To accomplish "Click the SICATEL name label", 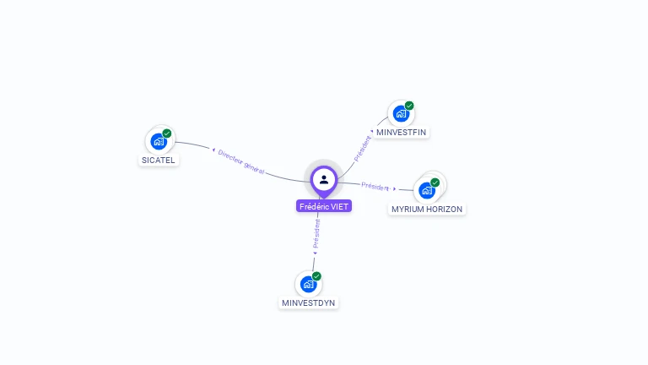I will coord(159,160).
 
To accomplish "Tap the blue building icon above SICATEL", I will coord(158,142).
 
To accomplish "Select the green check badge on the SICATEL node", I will coord(167,133).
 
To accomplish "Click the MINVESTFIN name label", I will coord(402,133).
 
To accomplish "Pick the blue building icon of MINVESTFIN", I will coord(401,114).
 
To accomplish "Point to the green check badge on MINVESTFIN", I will coord(409,106).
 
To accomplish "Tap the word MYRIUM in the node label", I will coord(408,209).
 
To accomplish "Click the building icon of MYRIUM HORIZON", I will coord(426,191).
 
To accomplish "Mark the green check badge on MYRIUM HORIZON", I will coord(435,182).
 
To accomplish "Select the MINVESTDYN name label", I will coord(308,302).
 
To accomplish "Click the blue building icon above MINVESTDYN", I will coord(308,285).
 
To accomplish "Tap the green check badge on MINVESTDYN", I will coord(316,276).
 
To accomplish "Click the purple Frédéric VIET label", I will coord(324,206).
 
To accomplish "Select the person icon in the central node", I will coord(324,179).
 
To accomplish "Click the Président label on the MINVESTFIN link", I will coord(362,148).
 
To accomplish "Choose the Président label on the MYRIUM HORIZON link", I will coord(375,186).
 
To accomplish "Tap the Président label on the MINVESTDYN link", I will coord(316,233).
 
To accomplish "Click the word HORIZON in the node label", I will coord(445,209).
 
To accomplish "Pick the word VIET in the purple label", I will coord(339,206).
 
